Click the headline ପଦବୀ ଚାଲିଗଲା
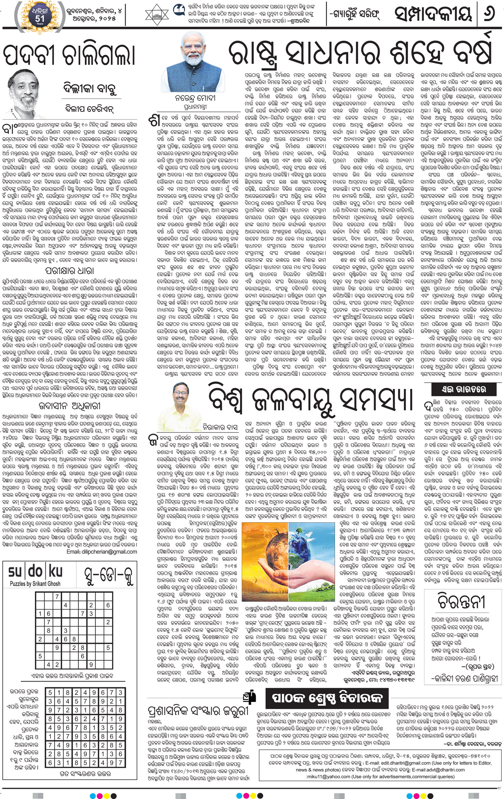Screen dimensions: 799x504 click(x=69, y=56)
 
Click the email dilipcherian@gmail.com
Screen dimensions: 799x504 click(x=102, y=552)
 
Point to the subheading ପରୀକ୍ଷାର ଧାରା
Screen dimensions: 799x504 click(x=69, y=271)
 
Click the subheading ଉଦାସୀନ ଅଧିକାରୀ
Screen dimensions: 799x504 click(x=69, y=406)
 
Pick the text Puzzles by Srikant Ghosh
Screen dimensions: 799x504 click(x=35, y=583)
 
